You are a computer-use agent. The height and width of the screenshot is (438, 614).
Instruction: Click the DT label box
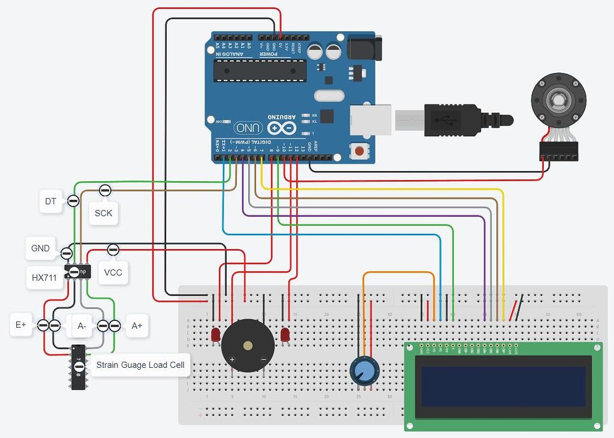(50, 202)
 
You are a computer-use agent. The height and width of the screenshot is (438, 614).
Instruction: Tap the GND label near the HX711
(41, 248)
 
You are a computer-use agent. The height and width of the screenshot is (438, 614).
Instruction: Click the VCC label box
(113, 272)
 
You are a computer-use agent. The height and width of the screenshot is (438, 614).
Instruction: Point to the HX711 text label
(44, 278)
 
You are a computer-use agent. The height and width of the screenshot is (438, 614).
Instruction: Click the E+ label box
(21, 325)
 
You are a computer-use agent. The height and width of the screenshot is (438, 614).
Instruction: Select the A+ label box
(137, 325)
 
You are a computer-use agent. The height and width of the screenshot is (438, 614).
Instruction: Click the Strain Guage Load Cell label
(140, 365)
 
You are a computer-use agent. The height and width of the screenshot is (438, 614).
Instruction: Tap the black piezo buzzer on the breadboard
(248, 346)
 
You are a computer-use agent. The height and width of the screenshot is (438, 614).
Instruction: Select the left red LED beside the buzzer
(215, 335)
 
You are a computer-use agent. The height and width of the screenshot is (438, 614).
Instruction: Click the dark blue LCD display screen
(503, 386)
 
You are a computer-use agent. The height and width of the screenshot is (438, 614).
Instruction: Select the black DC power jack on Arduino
(364, 49)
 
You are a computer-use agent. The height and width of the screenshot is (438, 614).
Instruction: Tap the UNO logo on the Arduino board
(248, 127)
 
